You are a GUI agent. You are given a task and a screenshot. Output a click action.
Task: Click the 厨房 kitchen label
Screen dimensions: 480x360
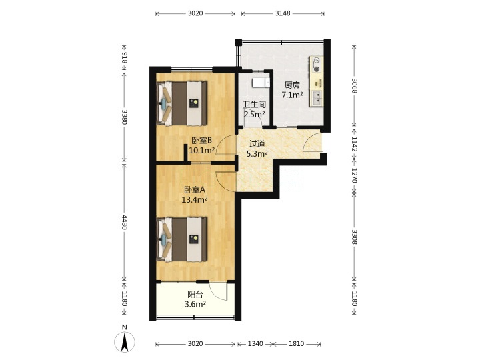point(292,85)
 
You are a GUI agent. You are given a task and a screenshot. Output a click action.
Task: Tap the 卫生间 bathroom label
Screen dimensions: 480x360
point(254,105)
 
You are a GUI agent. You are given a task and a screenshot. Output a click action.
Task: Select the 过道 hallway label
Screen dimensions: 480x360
point(257,143)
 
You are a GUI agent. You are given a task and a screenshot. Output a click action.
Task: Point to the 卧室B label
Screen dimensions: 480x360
point(202,141)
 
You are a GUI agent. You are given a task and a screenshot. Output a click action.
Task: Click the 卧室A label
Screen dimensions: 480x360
point(195,190)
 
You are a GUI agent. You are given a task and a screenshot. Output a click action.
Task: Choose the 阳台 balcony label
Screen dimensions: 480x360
point(195,295)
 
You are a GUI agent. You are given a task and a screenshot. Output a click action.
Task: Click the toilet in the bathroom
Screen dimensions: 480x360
point(261,82)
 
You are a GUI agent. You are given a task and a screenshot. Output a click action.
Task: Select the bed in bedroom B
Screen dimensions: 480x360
point(182,103)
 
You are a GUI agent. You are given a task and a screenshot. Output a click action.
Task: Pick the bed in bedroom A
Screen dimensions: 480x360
point(182,239)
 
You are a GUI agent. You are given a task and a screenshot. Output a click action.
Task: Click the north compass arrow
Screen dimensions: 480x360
point(125,342)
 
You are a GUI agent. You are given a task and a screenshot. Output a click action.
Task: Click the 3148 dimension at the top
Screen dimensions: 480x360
point(283,13)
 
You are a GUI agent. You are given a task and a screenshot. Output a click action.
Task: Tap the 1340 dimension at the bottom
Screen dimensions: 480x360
point(255,344)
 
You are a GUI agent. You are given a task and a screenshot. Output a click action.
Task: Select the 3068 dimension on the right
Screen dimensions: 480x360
point(354,86)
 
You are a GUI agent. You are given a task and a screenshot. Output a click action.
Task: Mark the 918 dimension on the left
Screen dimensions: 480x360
point(124,58)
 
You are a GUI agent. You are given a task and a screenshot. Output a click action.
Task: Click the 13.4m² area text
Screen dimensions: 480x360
point(195,200)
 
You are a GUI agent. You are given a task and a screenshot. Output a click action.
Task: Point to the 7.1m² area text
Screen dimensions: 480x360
point(293,95)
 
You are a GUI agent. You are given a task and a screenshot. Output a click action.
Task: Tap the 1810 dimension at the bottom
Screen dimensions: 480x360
point(296,344)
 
